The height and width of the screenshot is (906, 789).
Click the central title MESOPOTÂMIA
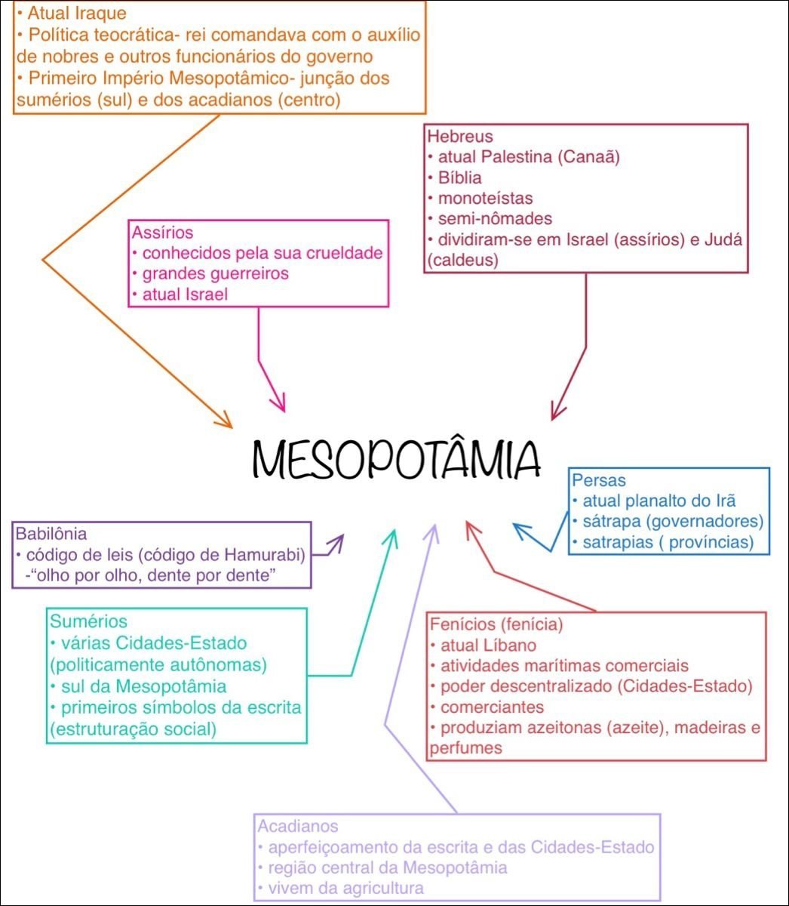[x=397, y=458]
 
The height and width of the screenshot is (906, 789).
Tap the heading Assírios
[x=162, y=233]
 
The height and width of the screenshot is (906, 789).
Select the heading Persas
[x=599, y=480]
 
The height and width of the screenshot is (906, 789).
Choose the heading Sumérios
[x=88, y=621]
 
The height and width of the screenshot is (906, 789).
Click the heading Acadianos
[x=298, y=826]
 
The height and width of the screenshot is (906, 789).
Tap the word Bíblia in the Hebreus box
[x=459, y=178]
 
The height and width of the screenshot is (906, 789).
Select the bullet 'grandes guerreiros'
[x=216, y=273]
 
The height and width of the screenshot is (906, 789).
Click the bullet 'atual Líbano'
[x=488, y=646]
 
